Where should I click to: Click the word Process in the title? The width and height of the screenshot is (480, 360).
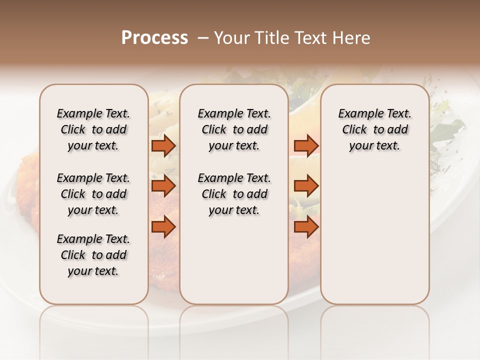tap(154, 38)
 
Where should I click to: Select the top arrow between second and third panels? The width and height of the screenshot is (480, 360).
tap(306, 145)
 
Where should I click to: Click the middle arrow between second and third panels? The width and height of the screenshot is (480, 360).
tap(306, 186)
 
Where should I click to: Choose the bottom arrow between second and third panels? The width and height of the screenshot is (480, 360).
tap(306, 227)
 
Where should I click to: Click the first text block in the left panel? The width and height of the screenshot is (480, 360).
tap(93, 129)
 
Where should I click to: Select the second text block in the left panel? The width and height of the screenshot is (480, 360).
tap(93, 194)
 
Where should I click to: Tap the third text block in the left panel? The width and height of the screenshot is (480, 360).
tap(93, 255)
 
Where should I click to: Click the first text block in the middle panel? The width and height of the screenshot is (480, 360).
tap(234, 129)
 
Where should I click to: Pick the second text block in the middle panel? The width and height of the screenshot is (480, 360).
tap(234, 194)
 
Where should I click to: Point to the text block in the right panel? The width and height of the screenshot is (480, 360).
tap(375, 129)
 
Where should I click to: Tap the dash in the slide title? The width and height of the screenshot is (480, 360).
tap(202, 38)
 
